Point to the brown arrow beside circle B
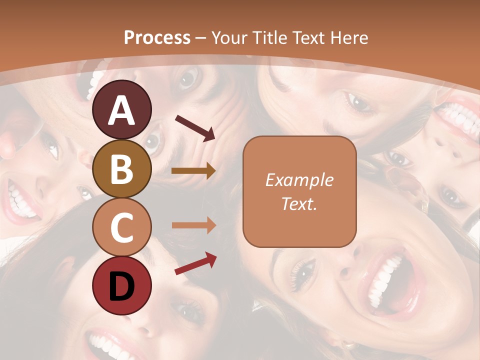[x=193, y=171]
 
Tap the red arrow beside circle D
[x=195, y=263]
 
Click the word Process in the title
[x=157, y=37]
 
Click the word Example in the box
[x=299, y=180]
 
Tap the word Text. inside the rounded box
[x=299, y=203]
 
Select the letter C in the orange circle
[x=121, y=227]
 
